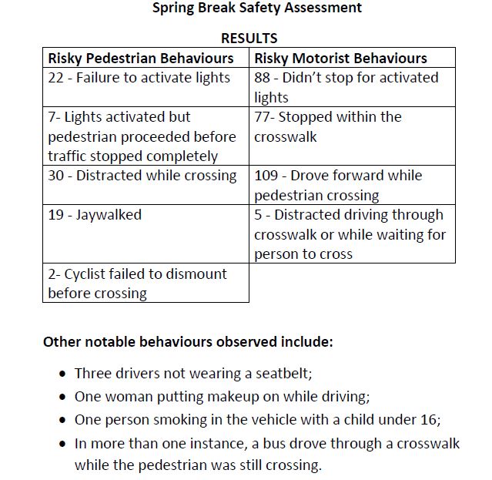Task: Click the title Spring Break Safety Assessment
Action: coord(257,8)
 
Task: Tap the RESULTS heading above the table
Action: coord(249,38)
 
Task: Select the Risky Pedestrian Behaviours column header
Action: coord(141,58)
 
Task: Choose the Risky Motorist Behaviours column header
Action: coord(340,58)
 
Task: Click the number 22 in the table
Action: coord(55,78)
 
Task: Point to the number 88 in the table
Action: coord(263,78)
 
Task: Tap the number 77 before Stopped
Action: coord(263,117)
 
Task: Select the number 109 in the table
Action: coord(266,176)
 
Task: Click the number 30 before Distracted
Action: coord(56,176)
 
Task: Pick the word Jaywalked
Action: coord(109,215)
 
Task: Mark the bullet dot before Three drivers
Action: coord(62,374)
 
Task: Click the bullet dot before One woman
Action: coord(62,398)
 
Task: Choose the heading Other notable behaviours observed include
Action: coord(188,341)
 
